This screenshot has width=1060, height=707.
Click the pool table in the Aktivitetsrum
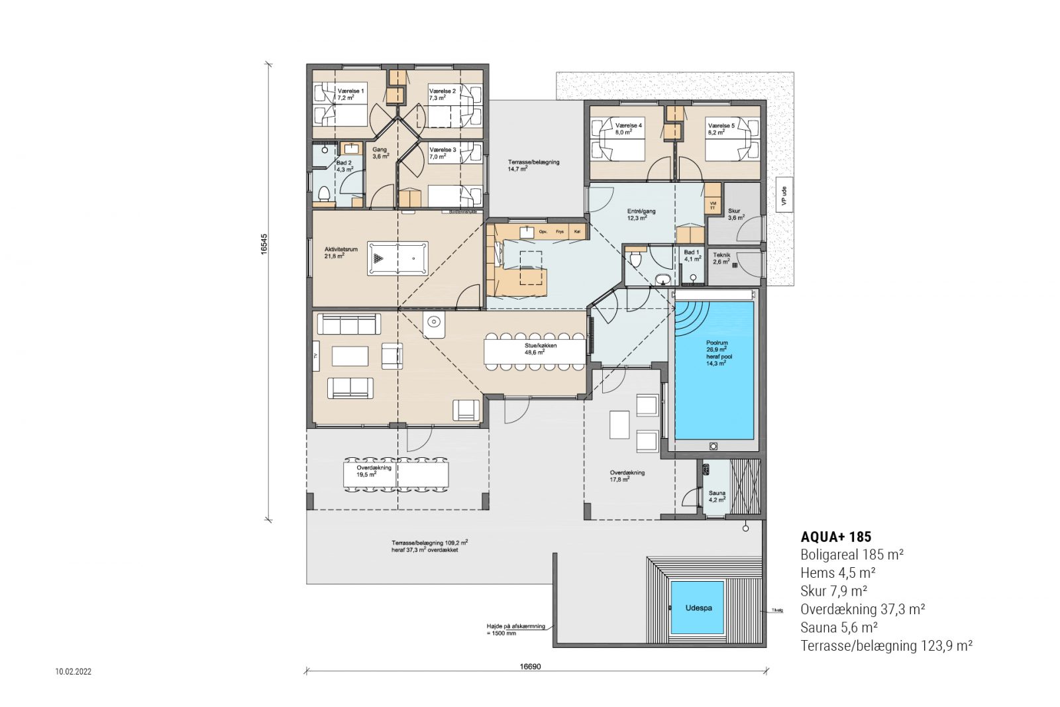(x=397, y=258)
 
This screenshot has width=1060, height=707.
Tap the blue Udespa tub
(x=697, y=608)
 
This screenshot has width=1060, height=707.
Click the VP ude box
(x=784, y=195)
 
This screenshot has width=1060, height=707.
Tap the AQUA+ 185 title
(x=835, y=537)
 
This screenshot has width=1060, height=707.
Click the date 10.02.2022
(x=73, y=672)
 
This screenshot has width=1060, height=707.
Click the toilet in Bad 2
(x=324, y=194)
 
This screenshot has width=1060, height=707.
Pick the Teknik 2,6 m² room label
(x=721, y=258)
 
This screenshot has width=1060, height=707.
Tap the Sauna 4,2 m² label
(x=717, y=496)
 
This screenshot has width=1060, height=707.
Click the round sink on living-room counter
(x=433, y=323)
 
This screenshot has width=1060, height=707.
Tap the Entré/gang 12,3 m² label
(x=641, y=214)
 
